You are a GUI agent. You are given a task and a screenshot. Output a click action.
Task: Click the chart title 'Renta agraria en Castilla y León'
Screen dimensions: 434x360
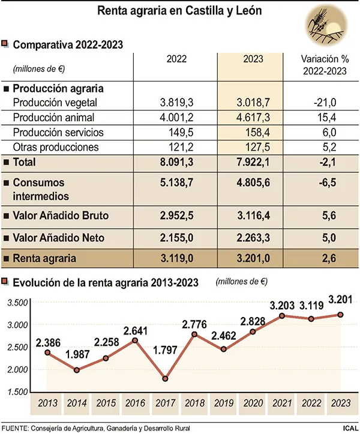(x=179, y=11)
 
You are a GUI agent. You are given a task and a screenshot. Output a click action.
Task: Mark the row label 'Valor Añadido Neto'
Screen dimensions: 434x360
(x=58, y=238)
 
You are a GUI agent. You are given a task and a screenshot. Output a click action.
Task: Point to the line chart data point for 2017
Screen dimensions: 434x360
(x=166, y=379)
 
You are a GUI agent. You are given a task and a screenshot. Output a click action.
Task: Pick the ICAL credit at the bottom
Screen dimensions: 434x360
(x=350, y=428)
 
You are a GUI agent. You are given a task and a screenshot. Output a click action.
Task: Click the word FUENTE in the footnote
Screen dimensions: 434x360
(x=16, y=428)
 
